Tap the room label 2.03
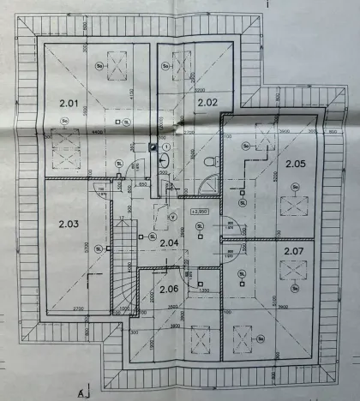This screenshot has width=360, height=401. click(x=69, y=224)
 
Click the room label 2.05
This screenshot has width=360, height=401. click(x=296, y=163)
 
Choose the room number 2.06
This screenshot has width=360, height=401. click(x=169, y=289)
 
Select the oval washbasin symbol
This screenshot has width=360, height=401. click(x=165, y=160)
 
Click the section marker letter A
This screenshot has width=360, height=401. click(x=80, y=393)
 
